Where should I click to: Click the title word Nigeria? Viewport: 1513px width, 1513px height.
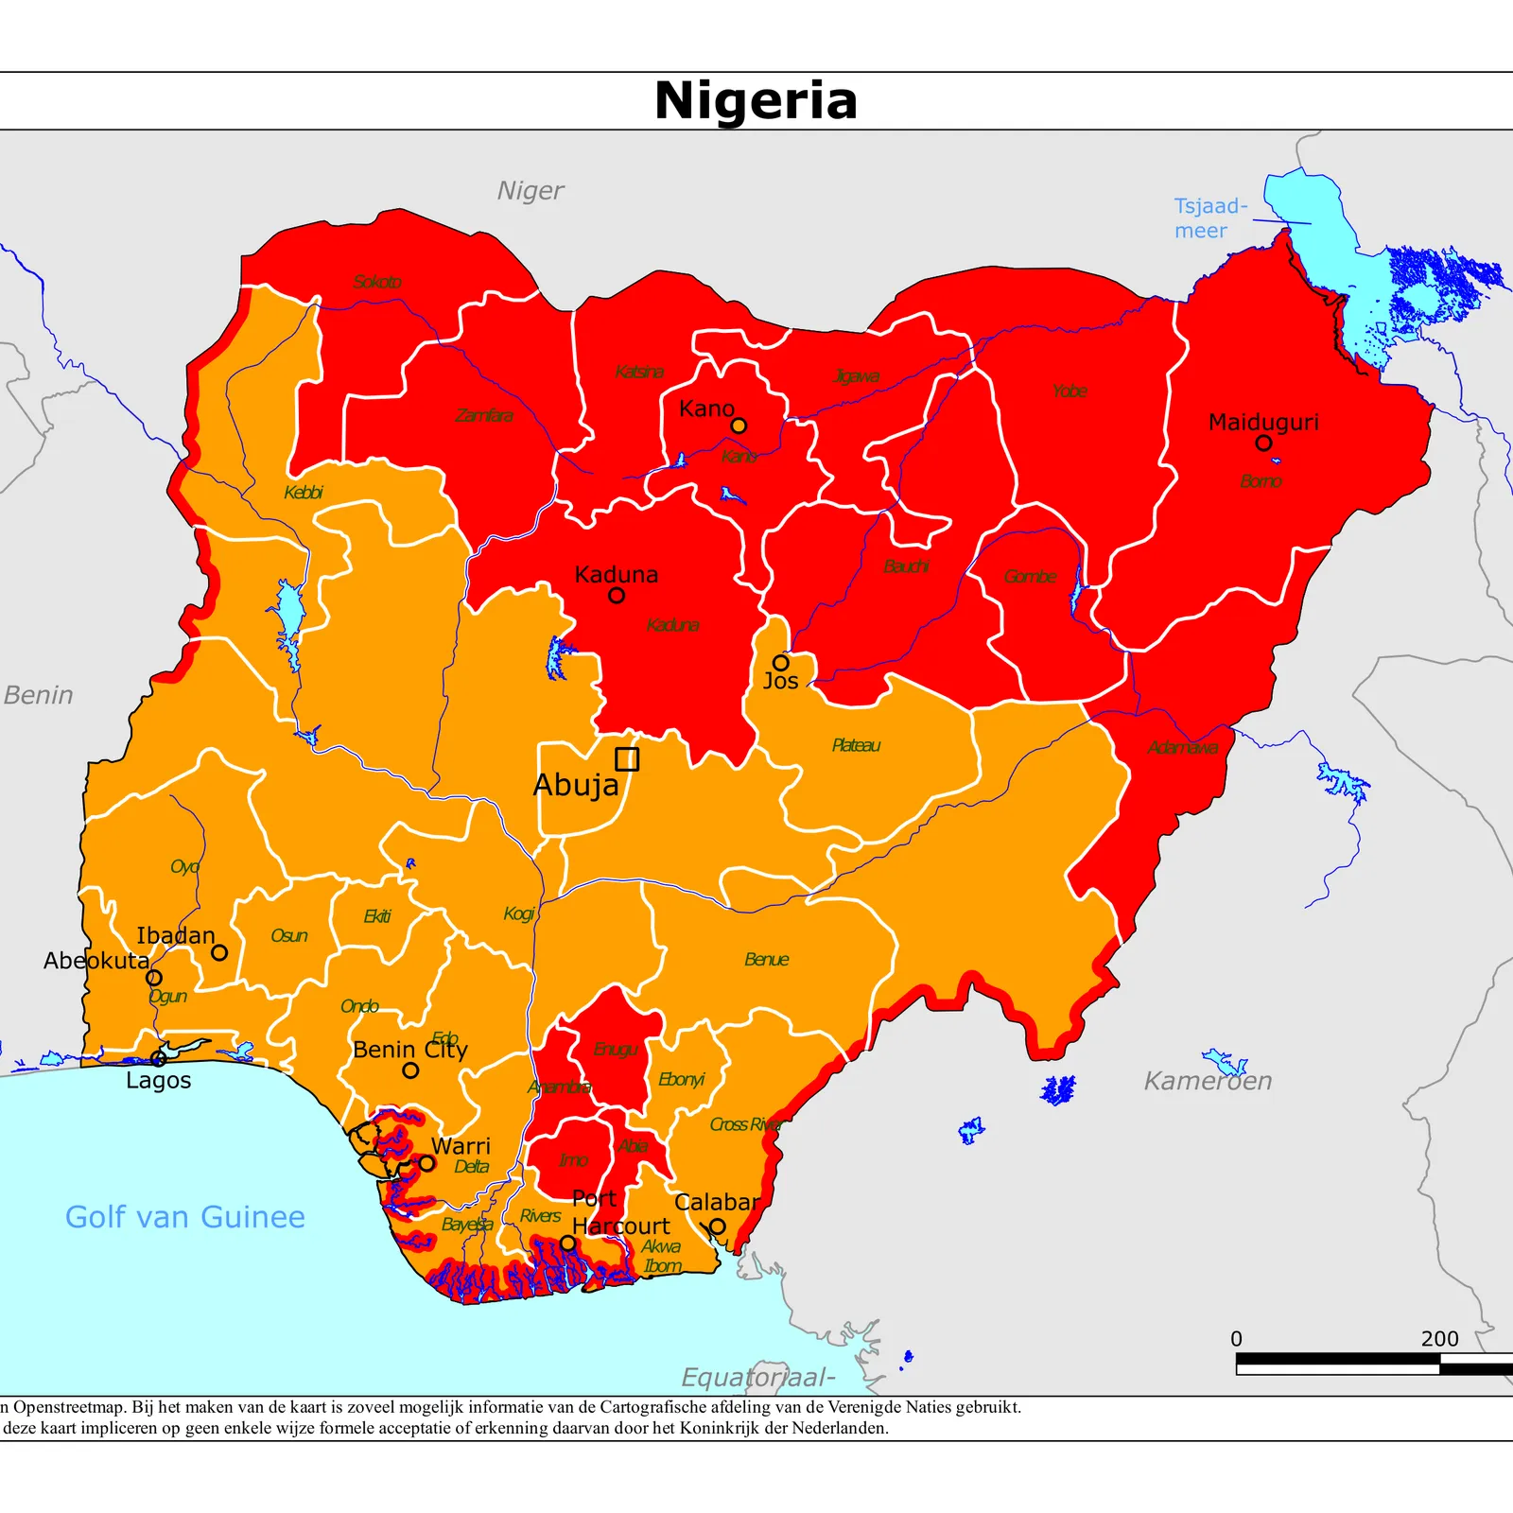pyautogui.click(x=756, y=100)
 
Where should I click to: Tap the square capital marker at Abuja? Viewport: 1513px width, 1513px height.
pyautogui.click(x=627, y=759)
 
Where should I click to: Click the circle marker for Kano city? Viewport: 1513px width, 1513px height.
pyautogui.click(x=739, y=426)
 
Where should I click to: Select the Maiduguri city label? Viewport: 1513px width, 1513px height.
pyautogui.click(x=1262, y=422)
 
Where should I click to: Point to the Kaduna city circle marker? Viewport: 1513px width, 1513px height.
pyautogui.click(x=617, y=595)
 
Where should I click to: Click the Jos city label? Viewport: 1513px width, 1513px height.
pyautogui.click(x=780, y=681)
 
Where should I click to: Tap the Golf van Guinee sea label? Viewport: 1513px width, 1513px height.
pyautogui.click(x=185, y=1217)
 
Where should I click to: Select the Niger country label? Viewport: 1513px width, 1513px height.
pyautogui.click(x=530, y=191)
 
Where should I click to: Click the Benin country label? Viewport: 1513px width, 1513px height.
pyautogui.click(x=38, y=695)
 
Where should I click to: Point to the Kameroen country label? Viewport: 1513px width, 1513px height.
pyautogui.click(x=1208, y=1081)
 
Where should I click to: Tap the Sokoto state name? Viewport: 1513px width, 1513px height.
pyautogui.click(x=377, y=282)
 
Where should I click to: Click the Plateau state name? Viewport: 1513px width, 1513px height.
pyautogui.click(x=856, y=745)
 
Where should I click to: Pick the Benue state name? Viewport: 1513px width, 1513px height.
pyautogui.click(x=766, y=960)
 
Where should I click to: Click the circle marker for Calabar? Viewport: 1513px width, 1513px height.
pyautogui.click(x=718, y=1226)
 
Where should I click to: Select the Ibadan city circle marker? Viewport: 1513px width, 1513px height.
pyautogui.click(x=219, y=952)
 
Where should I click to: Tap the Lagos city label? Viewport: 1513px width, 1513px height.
pyautogui.click(x=158, y=1081)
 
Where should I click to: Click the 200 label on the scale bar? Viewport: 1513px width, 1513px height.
pyautogui.click(x=1439, y=1339)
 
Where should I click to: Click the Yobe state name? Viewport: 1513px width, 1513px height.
pyautogui.click(x=1070, y=391)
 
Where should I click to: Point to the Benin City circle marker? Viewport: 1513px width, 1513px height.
pyautogui.click(x=410, y=1070)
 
